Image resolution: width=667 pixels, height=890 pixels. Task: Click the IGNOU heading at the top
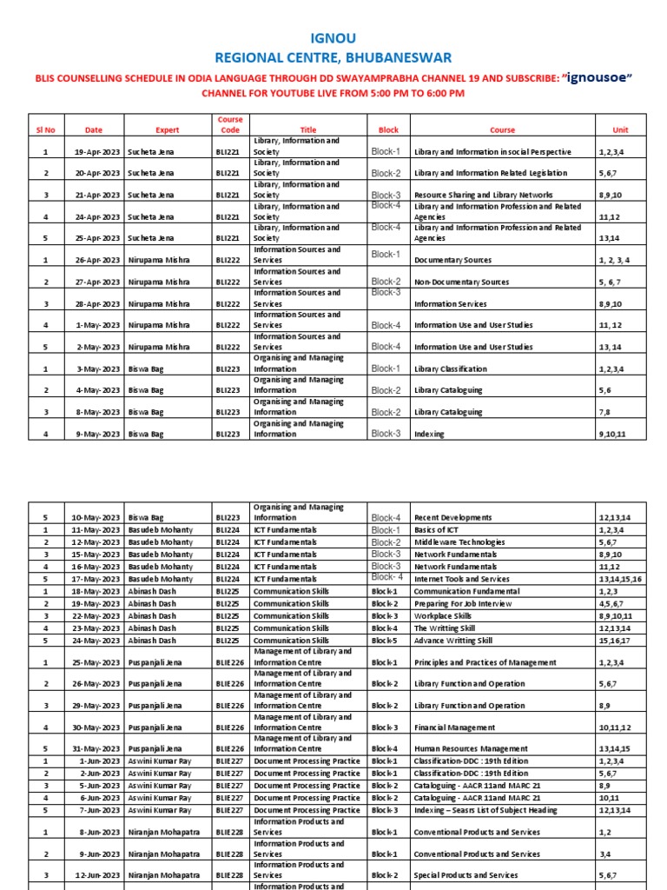[x=333, y=38]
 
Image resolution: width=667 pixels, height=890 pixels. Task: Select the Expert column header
[x=168, y=130]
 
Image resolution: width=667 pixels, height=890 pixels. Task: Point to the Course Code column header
[x=230, y=124]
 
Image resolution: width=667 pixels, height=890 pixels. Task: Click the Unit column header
[x=620, y=130]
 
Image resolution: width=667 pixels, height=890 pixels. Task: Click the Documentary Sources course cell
[x=456, y=261]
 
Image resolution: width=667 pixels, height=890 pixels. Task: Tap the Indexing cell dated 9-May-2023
[x=429, y=434]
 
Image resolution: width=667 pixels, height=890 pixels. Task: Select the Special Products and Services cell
[x=466, y=875]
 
